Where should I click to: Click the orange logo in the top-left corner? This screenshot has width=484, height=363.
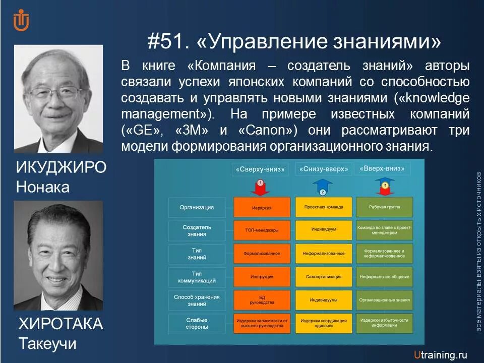[21, 21]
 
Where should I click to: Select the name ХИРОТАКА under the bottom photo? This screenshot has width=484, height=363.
[60, 324]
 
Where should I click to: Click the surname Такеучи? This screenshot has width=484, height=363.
[47, 344]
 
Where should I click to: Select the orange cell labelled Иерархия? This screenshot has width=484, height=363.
[262, 207]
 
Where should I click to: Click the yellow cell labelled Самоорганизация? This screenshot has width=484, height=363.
[323, 277]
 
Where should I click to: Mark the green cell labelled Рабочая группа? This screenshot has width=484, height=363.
[384, 207]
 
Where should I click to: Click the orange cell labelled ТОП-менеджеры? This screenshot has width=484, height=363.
[262, 230]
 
